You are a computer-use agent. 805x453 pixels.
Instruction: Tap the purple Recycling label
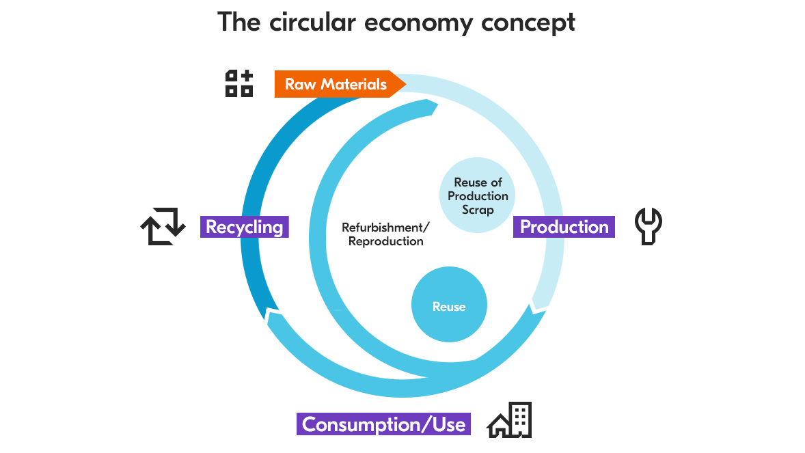click(245, 227)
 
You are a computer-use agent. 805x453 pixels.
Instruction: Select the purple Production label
click(564, 227)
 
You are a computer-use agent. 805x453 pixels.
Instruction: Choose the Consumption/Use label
click(383, 424)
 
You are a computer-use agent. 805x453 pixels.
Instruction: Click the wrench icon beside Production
click(649, 226)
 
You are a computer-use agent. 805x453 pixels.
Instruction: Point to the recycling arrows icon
click(163, 226)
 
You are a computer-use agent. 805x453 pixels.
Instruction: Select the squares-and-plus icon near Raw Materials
click(239, 83)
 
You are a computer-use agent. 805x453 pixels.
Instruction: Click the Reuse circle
click(449, 307)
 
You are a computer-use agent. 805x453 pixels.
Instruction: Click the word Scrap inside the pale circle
click(478, 210)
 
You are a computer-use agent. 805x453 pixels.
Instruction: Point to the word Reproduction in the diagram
click(385, 242)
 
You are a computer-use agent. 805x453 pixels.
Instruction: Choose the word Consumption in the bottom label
click(366, 424)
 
